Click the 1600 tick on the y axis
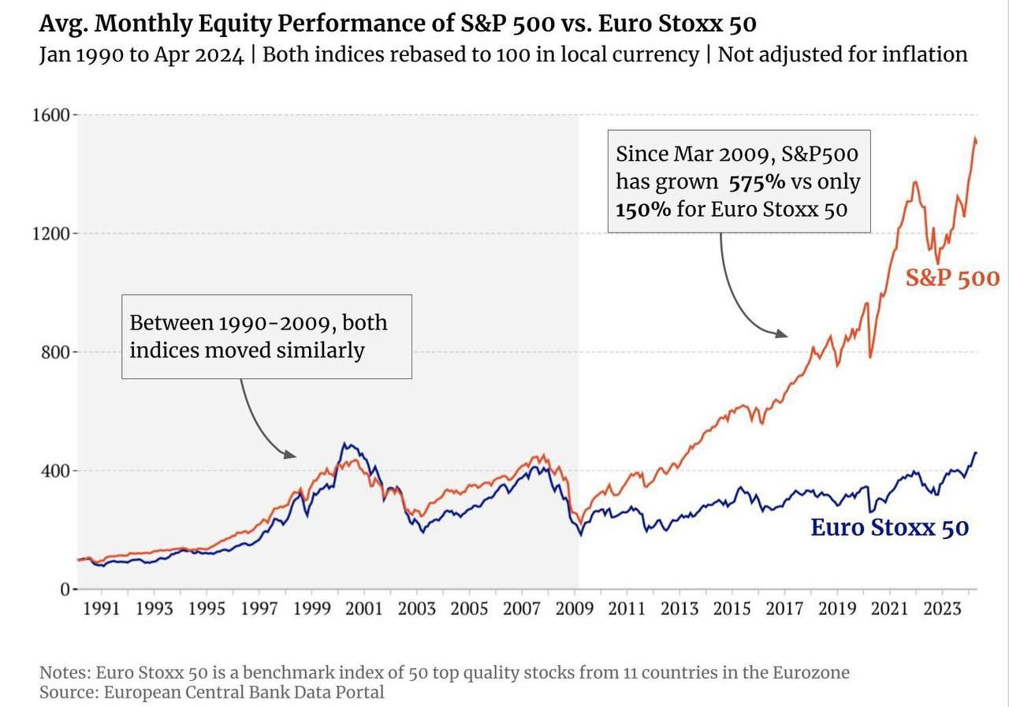click(53, 115)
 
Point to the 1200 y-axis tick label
click(53, 234)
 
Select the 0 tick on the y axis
click(66, 590)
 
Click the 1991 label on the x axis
click(102, 608)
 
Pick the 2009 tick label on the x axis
click(575, 608)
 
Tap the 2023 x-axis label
click(943, 608)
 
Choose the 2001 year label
click(364, 608)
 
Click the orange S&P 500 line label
click(952, 278)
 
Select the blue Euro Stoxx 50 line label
click(889, 527)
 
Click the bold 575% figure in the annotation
click(757, 182)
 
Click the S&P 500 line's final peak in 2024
click(975, 139)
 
